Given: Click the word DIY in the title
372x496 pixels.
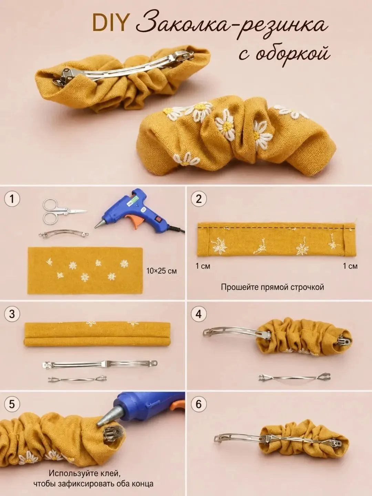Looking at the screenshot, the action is pyautogui.click(x=109, y=22).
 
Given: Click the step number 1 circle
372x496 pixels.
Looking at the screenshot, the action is pyautogui.click(x=12, y=199).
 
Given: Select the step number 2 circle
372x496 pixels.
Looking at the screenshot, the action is pyautogui.click(x=199, y=199).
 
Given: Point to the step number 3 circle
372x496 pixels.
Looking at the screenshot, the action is pyautogui.click(x=12, y=314).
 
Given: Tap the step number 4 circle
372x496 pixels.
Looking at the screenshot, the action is pyautogui.click(x=199, y=314).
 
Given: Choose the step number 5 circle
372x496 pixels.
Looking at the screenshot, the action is pyautogui.click(x=12, y=404).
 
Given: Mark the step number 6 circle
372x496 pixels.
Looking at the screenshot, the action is pyautogui.click(x=199, y=404).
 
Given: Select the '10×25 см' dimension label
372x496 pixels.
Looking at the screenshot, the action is pyautogui.click(x=162, y=271).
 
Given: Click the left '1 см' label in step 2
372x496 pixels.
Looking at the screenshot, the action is pyautogui.click(x=203, y=266).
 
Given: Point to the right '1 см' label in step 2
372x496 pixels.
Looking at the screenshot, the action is pyautogui.click(x=350, y=266).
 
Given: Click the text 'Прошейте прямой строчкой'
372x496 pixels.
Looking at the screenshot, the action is pyautogui.click(x=272, y=287).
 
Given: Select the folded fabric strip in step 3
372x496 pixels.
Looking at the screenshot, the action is pyautogui.click(x=97, y=334).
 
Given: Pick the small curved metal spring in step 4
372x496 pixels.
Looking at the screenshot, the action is pyautogui.click(x=294, y=378).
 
